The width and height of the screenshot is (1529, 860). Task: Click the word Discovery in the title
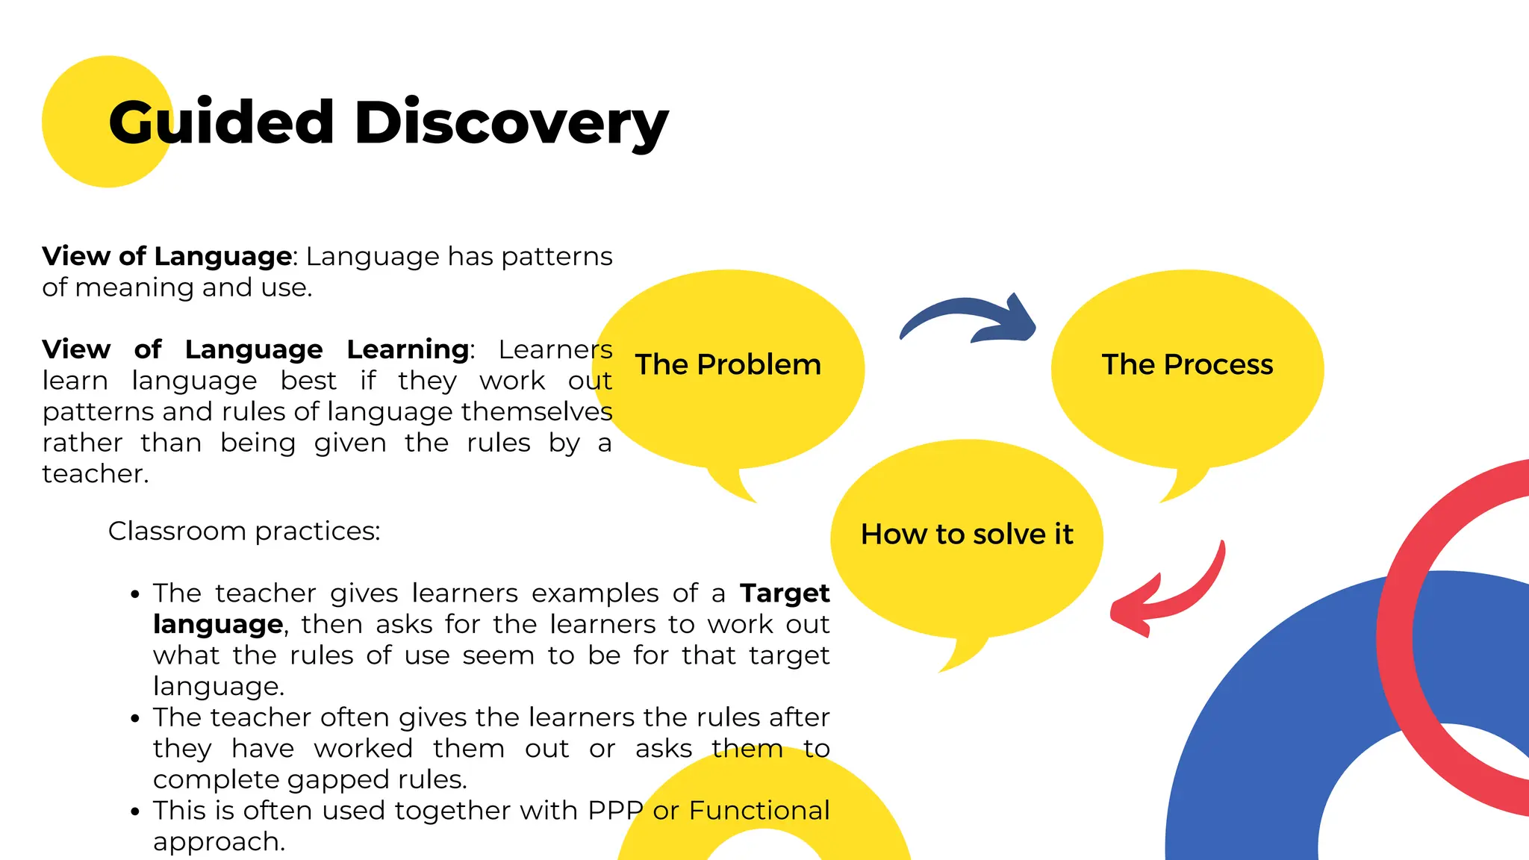point(511,123)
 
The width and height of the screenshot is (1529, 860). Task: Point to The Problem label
point(728,365)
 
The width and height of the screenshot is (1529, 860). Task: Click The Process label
point(1187,365)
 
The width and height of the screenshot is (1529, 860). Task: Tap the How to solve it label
point(967,535)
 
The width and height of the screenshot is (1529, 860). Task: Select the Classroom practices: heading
point(244,532)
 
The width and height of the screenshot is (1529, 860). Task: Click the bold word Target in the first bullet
point(785,593)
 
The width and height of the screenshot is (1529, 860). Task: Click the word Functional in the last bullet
point(759,811)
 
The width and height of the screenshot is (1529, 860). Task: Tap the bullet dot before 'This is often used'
point(134,812)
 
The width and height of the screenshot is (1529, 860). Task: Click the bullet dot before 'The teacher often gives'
point(134,719)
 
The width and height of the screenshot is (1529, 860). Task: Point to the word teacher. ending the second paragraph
point(96,474)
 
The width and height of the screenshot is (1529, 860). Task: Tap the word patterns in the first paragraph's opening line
point(556,257)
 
